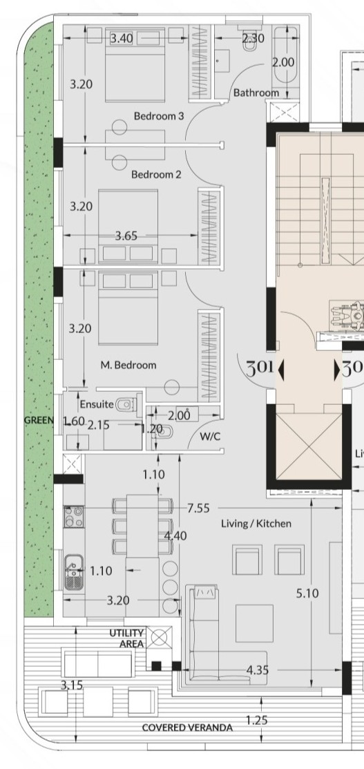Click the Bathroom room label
pos(256,93)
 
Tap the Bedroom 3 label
pos(158,116)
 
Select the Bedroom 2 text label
pos(156,175)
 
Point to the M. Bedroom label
pos(128,365)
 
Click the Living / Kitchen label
pos(256,524)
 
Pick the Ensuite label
pos(97,405)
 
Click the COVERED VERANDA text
pos(187,728)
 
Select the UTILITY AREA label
pos(126,638)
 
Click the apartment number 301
pos(260,368)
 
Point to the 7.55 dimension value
pos(198,508)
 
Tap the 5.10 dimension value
pos(307,594)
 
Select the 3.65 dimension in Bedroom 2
pos(126,236)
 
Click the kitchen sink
pos(74,572)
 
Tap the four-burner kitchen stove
pos(74,516)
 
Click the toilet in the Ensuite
pos(125,405)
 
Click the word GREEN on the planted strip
pos(39,420)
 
